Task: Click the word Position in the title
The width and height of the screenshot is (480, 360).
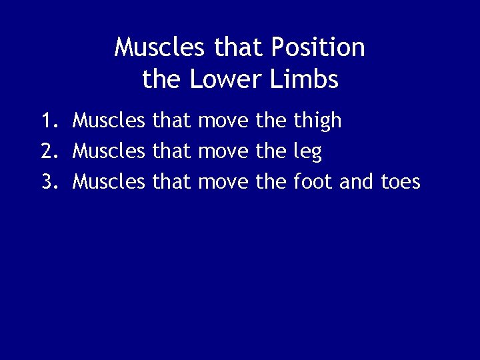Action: point(318,48)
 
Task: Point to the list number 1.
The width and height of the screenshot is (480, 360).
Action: point(48,121)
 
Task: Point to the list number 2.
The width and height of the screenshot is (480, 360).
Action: point(48,151)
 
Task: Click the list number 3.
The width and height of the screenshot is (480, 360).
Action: point(48,181)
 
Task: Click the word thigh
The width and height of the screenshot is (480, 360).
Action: point(317,121)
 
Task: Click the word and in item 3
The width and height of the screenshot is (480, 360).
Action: point(357,181)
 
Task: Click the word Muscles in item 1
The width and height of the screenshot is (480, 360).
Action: point(109,121)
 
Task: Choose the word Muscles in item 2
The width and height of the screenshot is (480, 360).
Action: point(109,151)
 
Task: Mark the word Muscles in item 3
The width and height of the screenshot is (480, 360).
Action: point(109,181)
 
